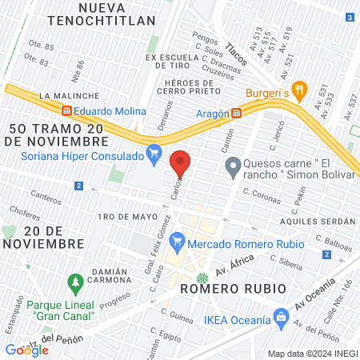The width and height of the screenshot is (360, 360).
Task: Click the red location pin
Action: click(x=181, y=163)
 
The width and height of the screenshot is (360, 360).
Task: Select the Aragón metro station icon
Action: click(x=236, y=114)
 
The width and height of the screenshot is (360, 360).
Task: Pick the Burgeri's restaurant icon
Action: click(x=299, y=89)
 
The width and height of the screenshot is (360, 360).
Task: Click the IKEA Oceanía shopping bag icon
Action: click(x=280, y=318)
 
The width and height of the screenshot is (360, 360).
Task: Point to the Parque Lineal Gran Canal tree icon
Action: click(x=76, y=283)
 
